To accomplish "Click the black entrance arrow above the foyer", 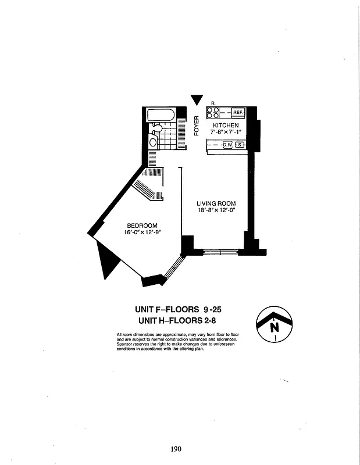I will [198, 100].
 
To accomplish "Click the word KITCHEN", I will [226, 126].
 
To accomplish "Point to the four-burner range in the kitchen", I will [212, 112].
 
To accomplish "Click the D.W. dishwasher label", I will [226, 145].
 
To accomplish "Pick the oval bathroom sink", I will [153, 141].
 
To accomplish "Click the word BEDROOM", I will [142, 226].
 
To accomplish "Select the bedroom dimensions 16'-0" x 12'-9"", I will [142, 233].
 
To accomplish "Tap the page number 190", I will [177, 448].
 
